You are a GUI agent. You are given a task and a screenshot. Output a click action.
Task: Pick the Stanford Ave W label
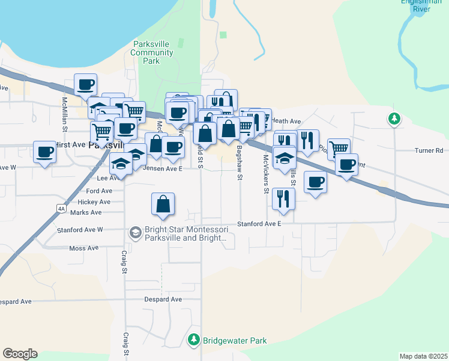[80, 230]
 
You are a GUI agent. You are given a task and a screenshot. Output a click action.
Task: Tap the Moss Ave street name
[83, 248]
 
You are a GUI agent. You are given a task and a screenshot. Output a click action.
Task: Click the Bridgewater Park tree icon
[193, 340]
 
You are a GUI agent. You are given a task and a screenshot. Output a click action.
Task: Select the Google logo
[20, 354]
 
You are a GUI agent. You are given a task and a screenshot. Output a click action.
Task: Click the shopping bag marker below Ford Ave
[163, 205]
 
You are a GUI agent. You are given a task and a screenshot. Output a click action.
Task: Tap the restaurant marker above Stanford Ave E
[283, 198]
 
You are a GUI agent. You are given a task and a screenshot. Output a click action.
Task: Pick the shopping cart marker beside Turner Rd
[339, 148]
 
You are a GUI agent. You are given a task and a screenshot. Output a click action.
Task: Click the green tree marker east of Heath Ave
[394, 119]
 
